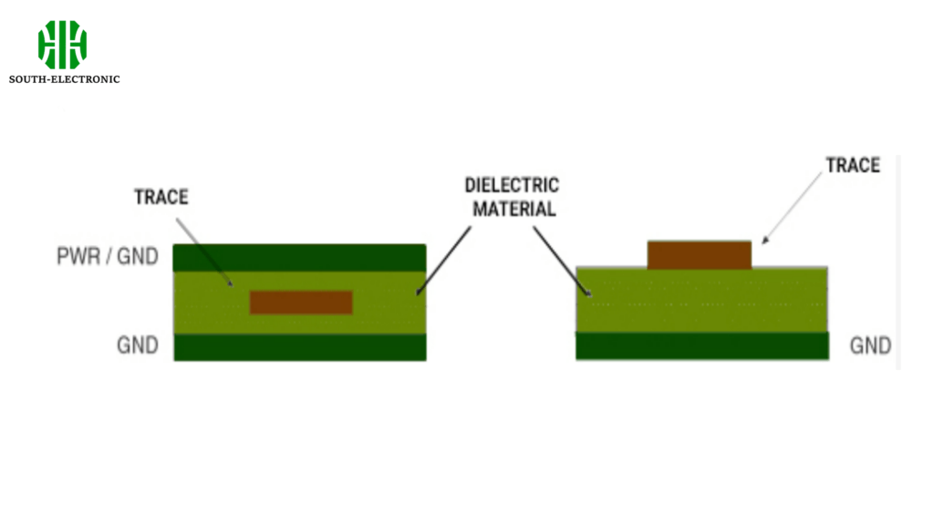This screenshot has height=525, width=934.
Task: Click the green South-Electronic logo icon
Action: [63, 45]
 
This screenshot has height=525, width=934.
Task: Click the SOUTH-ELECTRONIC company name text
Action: [65, 79]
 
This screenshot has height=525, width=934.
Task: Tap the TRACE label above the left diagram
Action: [161, 197]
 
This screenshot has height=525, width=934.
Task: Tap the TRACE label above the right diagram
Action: [853, 165]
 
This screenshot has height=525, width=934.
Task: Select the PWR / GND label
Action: [108, 256]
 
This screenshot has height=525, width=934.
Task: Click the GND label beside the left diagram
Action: [138, 345]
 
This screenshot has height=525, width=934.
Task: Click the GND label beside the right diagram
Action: [870, 345]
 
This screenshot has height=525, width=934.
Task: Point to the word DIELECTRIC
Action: [512, 185]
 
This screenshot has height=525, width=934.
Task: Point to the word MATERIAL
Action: [514, 209]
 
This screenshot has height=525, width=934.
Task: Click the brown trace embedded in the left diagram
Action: [301, 303]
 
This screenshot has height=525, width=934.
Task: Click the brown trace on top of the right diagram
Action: [700, 255]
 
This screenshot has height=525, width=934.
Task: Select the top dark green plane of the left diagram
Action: [299, 258]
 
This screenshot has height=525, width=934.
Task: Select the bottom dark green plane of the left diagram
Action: [299, 347]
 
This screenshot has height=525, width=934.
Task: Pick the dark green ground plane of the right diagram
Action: [702, 345]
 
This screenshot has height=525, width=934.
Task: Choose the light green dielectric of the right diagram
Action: [701, 300]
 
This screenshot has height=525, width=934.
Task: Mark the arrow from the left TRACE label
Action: [204, 252]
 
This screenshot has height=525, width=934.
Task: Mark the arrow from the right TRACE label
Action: [793, 209]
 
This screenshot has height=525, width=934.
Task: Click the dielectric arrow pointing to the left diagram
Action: [444, 261]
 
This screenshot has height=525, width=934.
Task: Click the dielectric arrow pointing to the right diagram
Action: [562, 262]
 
